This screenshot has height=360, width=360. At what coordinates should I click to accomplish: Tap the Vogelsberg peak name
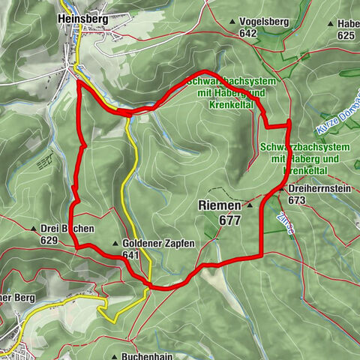click(x=260, y=22)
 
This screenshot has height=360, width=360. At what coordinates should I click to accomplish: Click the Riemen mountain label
click(x=220, y=204)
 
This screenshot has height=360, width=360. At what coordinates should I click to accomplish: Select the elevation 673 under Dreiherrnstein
click(x=297, y=200)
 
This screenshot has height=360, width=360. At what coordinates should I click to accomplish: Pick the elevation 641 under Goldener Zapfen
click(x=132, y=255)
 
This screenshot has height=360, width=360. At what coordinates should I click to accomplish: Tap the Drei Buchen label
click(x=65, y=229)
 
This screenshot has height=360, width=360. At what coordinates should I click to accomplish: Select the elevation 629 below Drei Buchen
click(x=50, y=240)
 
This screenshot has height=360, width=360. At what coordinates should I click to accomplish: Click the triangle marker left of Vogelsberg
click(x=232, y=22)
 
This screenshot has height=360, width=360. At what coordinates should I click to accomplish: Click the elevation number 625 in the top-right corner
click(x=346, y=35)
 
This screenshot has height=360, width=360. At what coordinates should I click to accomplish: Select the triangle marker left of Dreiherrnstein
click(x=281, y=190)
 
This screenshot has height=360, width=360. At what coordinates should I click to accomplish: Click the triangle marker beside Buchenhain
click(x=113, y=356)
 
